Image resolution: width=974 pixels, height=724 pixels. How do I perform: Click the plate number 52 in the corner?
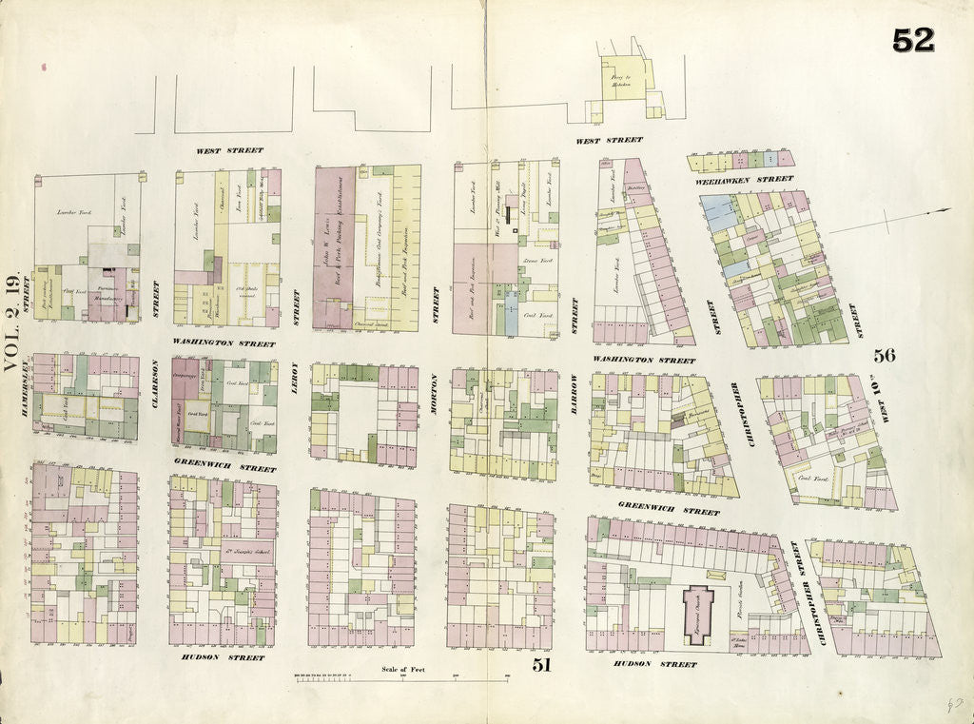(913, 40)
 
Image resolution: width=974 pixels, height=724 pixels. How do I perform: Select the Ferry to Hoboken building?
(622, 82)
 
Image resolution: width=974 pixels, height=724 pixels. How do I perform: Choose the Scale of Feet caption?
(403, 670)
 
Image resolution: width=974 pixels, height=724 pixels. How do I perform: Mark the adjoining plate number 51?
(541, 665)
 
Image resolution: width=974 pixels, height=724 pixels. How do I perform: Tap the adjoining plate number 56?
(885, 356)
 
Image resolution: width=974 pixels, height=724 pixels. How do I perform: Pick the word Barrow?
(575, 389)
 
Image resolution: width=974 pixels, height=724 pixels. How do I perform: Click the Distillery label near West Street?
(636, 187)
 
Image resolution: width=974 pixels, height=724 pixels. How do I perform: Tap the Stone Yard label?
(533, 258)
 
